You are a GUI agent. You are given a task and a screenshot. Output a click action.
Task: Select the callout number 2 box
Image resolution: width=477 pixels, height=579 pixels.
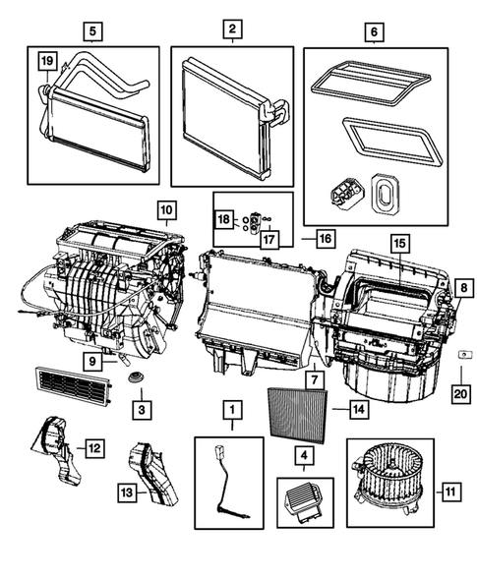tap(231, 30)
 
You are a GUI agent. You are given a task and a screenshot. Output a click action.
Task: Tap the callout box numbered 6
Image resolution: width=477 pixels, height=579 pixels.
tap(375, 30)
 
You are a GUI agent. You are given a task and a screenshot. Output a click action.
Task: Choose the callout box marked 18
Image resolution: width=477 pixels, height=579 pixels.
tap(223, 218)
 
